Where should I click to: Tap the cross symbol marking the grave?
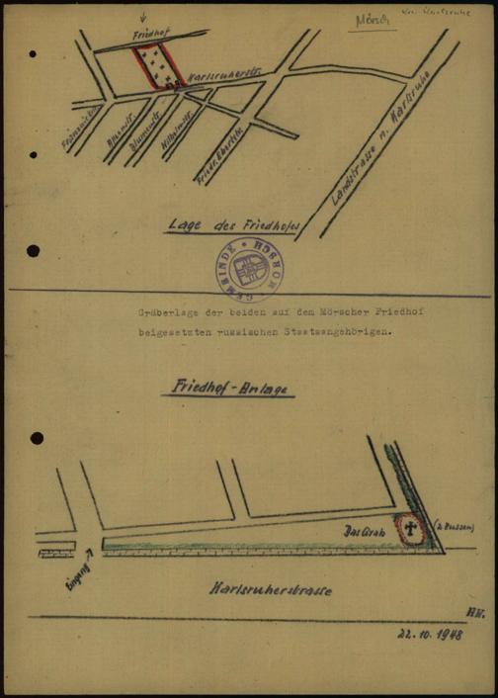pos(408,532)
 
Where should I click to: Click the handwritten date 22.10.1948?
pos(431,634)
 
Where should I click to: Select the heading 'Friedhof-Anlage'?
pos(228,391)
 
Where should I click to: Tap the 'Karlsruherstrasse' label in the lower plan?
pos(270,590)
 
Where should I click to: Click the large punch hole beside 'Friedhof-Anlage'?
pos(38,438)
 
